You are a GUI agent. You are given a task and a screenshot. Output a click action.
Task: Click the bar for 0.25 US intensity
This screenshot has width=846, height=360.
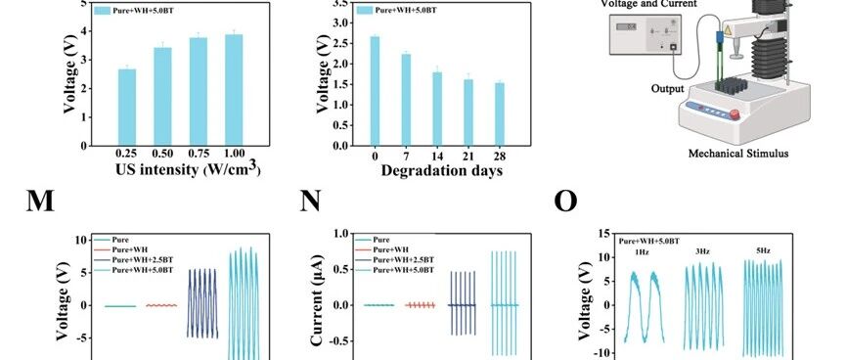click(127, 108)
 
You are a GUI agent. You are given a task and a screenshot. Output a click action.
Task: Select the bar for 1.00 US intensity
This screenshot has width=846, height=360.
click(234, 90)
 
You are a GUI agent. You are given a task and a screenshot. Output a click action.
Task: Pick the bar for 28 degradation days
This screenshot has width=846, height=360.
click(500, 114)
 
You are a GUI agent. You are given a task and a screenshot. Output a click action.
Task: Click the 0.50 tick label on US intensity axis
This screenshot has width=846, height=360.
click(162, 154)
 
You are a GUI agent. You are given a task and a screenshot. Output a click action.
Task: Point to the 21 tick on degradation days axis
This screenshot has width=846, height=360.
click(468, 157)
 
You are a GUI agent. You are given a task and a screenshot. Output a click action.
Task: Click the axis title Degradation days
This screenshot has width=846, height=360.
click(442, 171)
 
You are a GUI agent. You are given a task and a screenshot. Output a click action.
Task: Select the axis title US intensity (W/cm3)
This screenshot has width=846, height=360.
click(188, 169)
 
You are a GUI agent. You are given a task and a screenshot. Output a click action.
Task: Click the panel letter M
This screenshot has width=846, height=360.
click(40, 202)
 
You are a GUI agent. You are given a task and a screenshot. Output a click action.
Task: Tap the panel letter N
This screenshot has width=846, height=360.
click(310, 202)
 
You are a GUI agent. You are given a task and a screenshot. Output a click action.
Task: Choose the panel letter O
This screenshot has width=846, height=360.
click(565, 202)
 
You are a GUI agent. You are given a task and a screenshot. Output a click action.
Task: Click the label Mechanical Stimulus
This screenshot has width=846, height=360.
click(738, 154)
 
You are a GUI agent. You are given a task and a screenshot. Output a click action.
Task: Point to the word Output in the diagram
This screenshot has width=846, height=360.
click(667, 89)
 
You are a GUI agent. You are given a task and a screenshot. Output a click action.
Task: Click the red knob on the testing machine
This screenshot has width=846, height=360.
click(735, 114)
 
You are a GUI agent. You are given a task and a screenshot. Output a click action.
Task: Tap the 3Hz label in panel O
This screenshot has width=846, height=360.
click(702, 251)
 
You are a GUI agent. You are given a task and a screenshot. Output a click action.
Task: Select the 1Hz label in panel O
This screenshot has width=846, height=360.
click(642, 252)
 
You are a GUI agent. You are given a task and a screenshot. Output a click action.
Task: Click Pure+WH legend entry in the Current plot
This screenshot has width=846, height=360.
click(391, 249)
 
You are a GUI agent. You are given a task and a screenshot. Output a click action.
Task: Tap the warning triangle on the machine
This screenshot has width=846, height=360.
click(728, 30)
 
